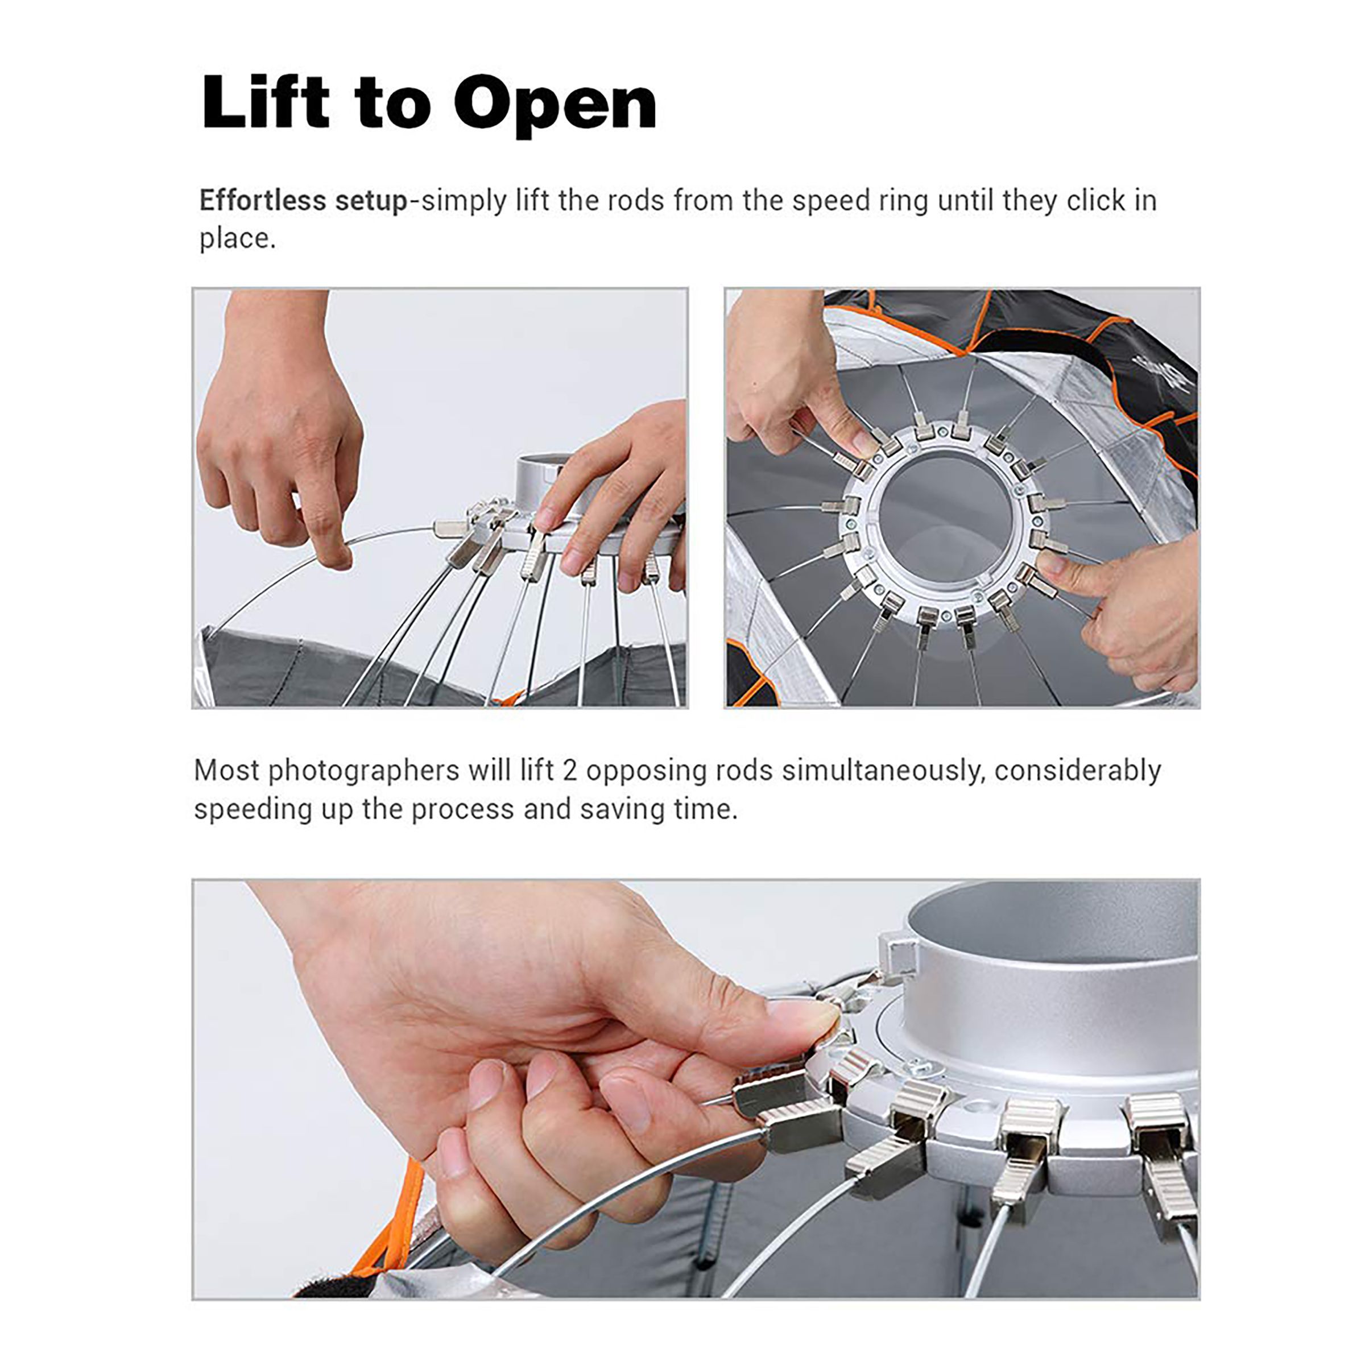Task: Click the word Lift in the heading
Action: [x=266, y=102]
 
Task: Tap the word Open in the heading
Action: [x=555, y=104]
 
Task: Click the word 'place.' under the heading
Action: [x=237, y=239]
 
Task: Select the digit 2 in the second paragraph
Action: [x=570, y=770]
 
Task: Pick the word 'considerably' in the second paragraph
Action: [x=1077, y=771]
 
